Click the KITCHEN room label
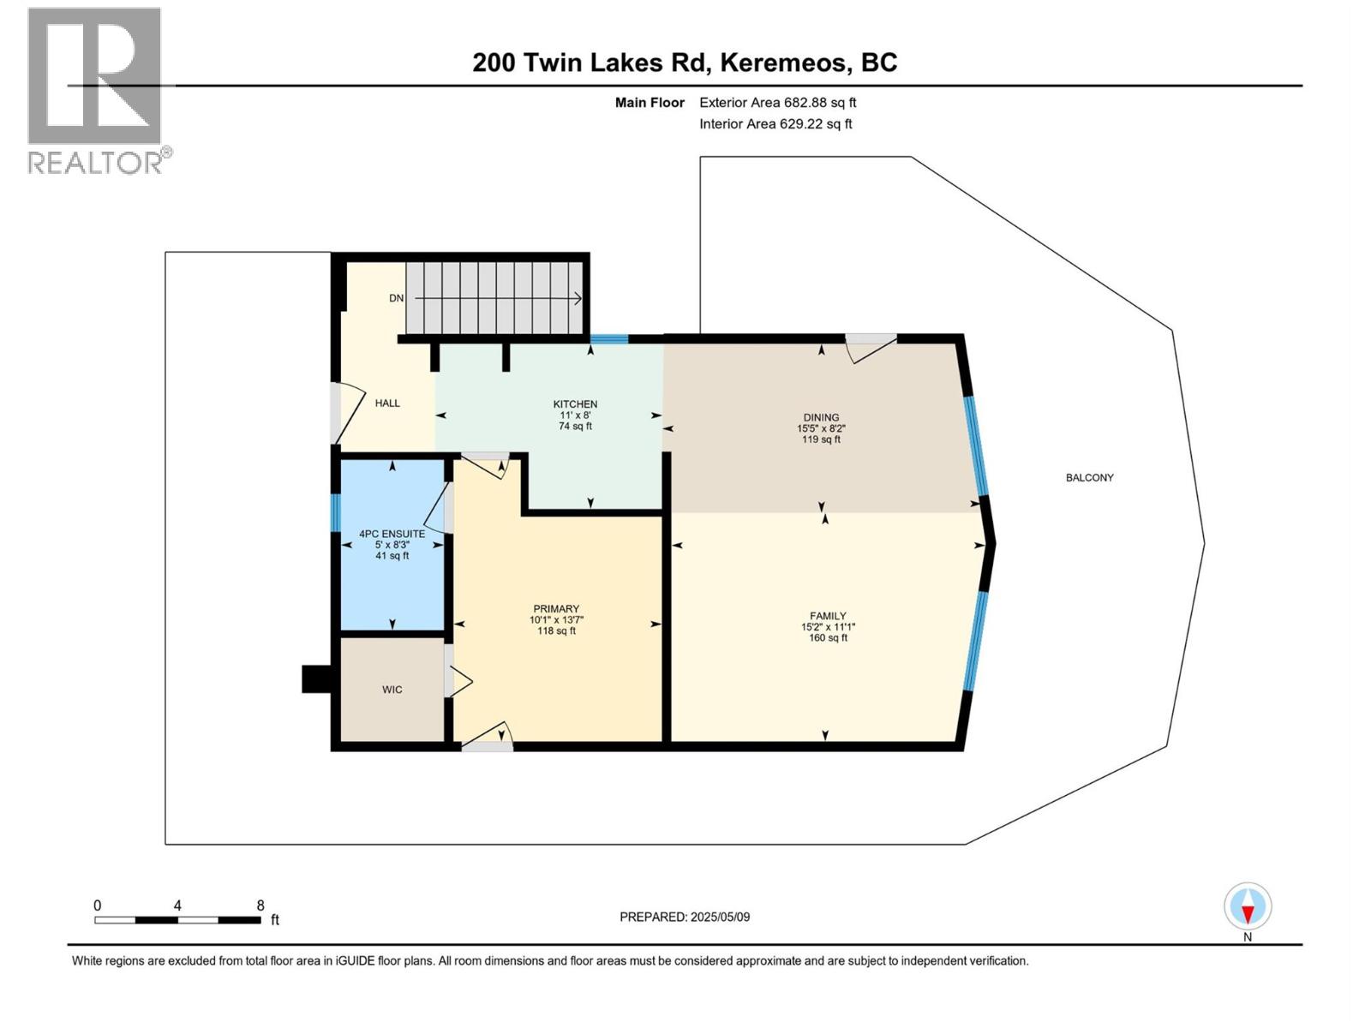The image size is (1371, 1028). pyautogui.click(x=575, y=404)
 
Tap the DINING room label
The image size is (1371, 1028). pyautogui.click(x=821, y=418)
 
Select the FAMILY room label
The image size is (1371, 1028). pyautogui.click(x=828, y=616)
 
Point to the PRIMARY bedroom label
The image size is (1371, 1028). pyautogui.click(x=556, y=609)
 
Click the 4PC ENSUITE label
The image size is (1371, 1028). pyautogui.click(x=392, y=534)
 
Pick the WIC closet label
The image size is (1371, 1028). pyautogui.click(x=392, y=690)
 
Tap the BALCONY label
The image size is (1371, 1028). pyautogui.click(x=1089, y=478)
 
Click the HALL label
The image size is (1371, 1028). pyautogui.click(x=387, y=403)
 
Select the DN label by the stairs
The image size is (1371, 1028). pyautogui.click(x=396, y=298)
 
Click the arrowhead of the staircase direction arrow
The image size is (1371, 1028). pyautogui.click(x=578, y=298)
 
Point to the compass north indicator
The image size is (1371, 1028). pyautogui.click(x=1248, y=909)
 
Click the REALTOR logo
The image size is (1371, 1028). pyautogui.click(x=96, y=90)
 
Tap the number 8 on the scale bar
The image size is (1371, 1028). pyautogui.click(x=260, y=905)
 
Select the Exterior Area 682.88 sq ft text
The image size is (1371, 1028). pyautogui.click(x=777, y=103)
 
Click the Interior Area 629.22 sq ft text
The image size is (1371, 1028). pyautogui.click(x=775, y=124)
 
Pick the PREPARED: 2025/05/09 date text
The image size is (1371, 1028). pyautogui.click(x=685, y=917)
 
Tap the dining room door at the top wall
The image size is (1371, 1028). pyautogui.click(x=871, y=344)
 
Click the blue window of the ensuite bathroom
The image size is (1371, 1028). pyautogui.click(x=336, y=513)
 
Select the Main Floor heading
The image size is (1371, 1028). pyautogui.click(x=650, y=103)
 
